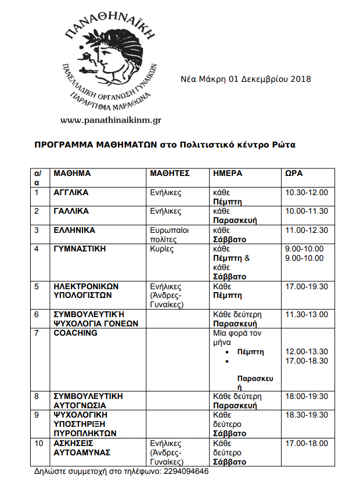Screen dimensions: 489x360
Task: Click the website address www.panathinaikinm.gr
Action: click(110, 120)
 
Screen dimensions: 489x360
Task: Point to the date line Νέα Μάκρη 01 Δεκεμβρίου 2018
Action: click(246, 79)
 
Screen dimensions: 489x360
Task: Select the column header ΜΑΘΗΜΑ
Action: click(72, 173)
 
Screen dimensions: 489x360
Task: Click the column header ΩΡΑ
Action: click(294, 173)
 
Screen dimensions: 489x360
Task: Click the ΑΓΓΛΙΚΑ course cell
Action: click(71, 192)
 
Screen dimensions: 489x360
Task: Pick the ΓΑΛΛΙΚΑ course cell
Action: click(71, 211)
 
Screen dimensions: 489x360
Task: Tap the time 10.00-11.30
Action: click(307, 211)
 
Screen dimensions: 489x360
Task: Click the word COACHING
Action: click(75, 333)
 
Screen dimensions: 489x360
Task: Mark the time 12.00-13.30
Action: click(307, 351)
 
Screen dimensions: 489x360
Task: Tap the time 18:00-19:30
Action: click(307, 396)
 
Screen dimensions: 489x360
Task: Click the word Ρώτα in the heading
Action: click(284, 144)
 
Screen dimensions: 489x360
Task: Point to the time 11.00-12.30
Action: click(307, 230)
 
